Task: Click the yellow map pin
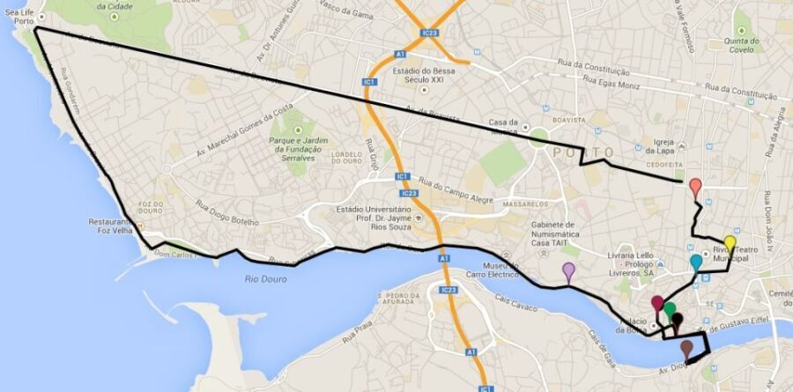pyautogui.click(x=730, y=244)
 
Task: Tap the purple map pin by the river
pyautogui.click(x=568, y=270)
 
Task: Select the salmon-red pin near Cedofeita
pyautogui.click(x=695, y=187)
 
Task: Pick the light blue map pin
pyautogui.click(x=696, y=262)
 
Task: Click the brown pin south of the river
pyautogui.click(x=686, y=348)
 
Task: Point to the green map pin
pyautogui.click(x=670, y=309)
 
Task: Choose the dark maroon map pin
pyautogui.click(x=657, y=304)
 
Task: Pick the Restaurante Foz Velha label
pyautogui.click(x=110, y=226)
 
